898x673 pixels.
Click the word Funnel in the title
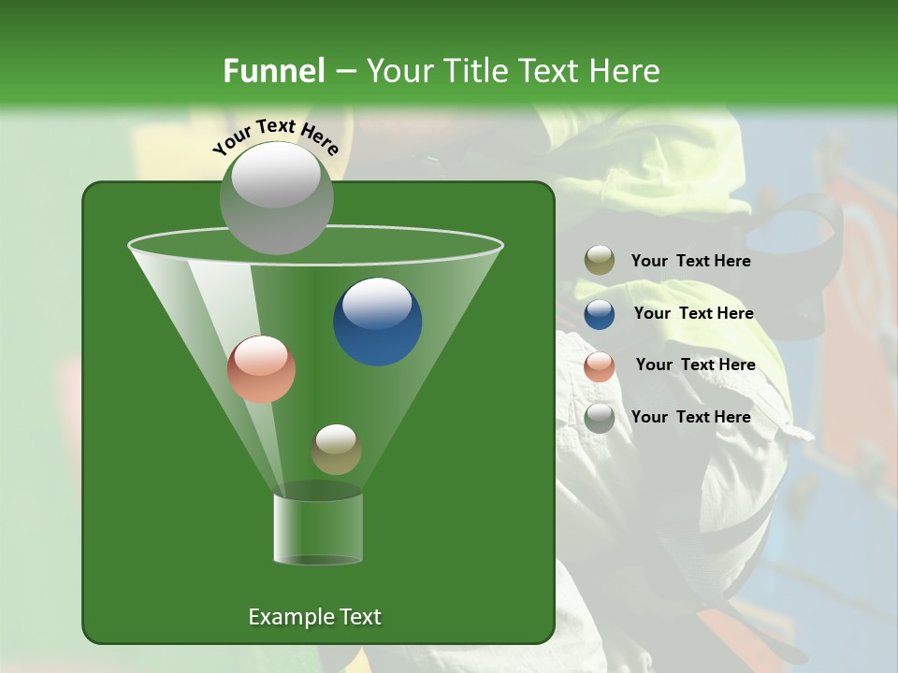pos(273,71)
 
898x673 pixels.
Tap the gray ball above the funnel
pos(277,198)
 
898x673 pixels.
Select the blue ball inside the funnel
pos(378,322)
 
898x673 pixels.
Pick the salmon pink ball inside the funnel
pos(261,369)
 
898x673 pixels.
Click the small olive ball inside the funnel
pos(336,450)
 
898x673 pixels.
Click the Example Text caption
pos(314,617)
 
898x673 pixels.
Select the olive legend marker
pos(600,261)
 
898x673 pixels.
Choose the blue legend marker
pos(600,314)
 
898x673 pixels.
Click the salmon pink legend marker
pos(600,366)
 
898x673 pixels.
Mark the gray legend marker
pos(600,418)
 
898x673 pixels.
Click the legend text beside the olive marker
pos(690,262)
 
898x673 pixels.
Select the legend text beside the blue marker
pos(693,313)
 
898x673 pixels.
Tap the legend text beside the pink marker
pos(695,365)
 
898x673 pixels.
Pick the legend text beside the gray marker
pos(690,417)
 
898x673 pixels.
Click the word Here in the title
pos(625,71)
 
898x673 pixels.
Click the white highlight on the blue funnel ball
pos(377,302)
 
